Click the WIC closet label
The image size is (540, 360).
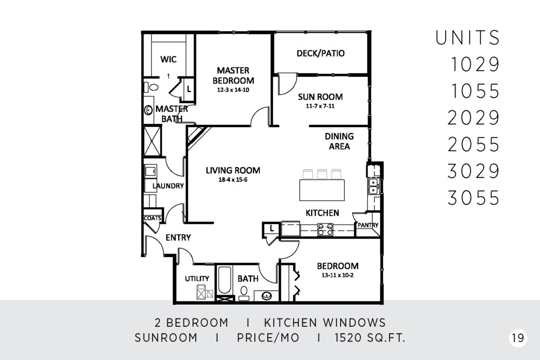click(x=168, y=59)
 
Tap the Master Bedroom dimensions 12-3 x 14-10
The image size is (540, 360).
click(x=233, y=90)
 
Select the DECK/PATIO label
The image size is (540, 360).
click(x=320, y=53)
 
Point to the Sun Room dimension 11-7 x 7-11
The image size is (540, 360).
click(x=320, y=106)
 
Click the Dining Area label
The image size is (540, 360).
click(x=339, y=141)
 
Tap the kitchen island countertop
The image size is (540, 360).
click(x=322, y=190)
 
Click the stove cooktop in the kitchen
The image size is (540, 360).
click(x=325, y=229)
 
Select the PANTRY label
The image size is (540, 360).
click(x=368, y=225)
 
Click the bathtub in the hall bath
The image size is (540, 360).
click(x=224, y=280)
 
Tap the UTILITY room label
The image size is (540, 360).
click(x=197, y=278)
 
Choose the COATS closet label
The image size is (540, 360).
click(x=152, y=218)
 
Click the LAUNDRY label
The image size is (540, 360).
click(x=168, y=186)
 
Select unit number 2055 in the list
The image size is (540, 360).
click(x=474, y=144)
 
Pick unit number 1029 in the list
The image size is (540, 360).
click(x=475, y=64)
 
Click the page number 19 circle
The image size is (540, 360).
click(x=518, y=338)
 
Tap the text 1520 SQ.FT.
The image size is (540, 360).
click(x=370, y=338)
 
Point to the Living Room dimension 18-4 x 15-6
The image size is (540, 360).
click(x=233, y=180)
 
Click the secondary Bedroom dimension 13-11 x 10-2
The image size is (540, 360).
click(x=337, y=275)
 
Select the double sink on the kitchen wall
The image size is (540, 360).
click(x=373, y=186)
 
